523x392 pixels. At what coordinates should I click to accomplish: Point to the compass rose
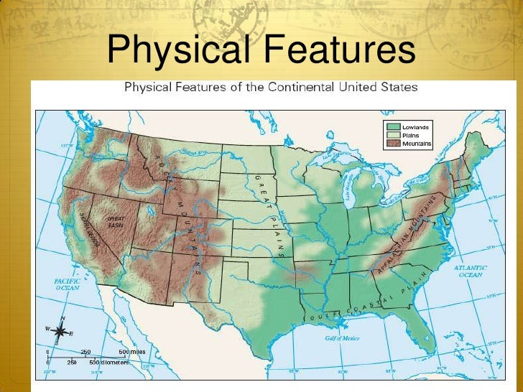[61, 331]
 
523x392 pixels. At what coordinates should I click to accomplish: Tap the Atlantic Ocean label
[471, 271]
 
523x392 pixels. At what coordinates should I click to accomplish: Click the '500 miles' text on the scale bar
[133, 351]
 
